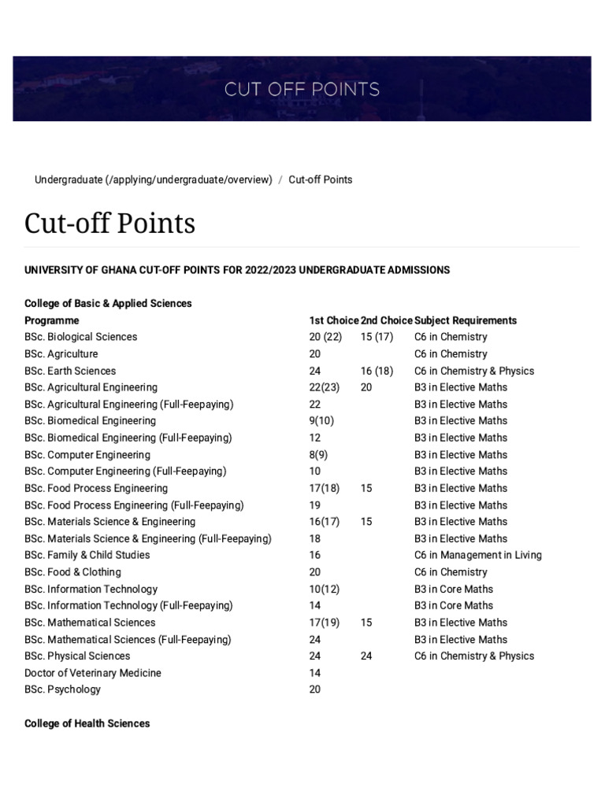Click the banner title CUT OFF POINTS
tap(302, 89)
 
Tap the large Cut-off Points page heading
tap(109, 224)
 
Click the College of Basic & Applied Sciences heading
tap(108, 303)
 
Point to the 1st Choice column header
tap(334, 320)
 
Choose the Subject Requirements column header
tap(466, 320)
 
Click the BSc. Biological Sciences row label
tap(80, 337)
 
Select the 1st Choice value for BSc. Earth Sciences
tap(315, 371)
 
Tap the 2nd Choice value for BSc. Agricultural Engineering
tap(366, 387)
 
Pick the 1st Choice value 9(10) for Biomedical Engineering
tap(321, 420)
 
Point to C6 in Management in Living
tap(477, 555)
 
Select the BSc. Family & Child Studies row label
tap(87, 555)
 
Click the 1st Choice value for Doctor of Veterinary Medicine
tap(315, 673)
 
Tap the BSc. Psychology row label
tap(62, 690)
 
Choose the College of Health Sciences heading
tap(87, 723)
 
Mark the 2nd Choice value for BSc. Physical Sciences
tap(366, 656)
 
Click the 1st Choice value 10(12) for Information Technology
tap(325, 589)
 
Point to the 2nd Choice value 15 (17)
tap(377, 337)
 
